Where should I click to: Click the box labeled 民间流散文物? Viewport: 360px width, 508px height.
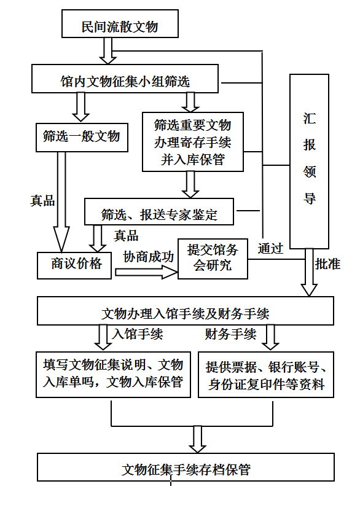click(120, 24)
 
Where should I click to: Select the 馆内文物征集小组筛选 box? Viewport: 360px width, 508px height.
click(125, 79)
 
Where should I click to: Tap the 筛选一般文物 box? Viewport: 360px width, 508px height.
click(82, 138)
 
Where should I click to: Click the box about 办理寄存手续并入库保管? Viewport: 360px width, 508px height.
click(193, 141)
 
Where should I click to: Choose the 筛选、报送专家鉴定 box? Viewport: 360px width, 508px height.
click(158, 211)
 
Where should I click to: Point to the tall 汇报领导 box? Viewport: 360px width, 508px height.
click(309, 162)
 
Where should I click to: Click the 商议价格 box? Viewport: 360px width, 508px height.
click(74, 265)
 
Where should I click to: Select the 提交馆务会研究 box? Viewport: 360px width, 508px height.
click(213, 259)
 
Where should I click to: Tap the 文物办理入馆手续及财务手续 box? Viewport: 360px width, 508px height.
click(186, 311)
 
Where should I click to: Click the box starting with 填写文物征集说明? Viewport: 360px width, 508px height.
click(113, 374)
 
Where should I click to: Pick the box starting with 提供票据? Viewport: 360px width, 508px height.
click(266, 375)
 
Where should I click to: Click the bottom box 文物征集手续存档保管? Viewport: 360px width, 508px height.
click(186, 467)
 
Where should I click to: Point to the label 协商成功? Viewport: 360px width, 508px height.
click(149, 257)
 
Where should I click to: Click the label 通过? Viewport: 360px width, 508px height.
click(270, 249)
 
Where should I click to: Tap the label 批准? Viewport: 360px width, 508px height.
click(327, 264)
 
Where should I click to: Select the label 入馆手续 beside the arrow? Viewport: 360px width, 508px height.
click(138, 334)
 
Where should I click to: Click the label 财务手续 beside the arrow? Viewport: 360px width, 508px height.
click(231, 334)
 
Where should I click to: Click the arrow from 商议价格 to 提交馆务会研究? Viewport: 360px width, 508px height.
click(146, 272)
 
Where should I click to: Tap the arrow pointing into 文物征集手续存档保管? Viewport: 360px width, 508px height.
click(197, 439)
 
